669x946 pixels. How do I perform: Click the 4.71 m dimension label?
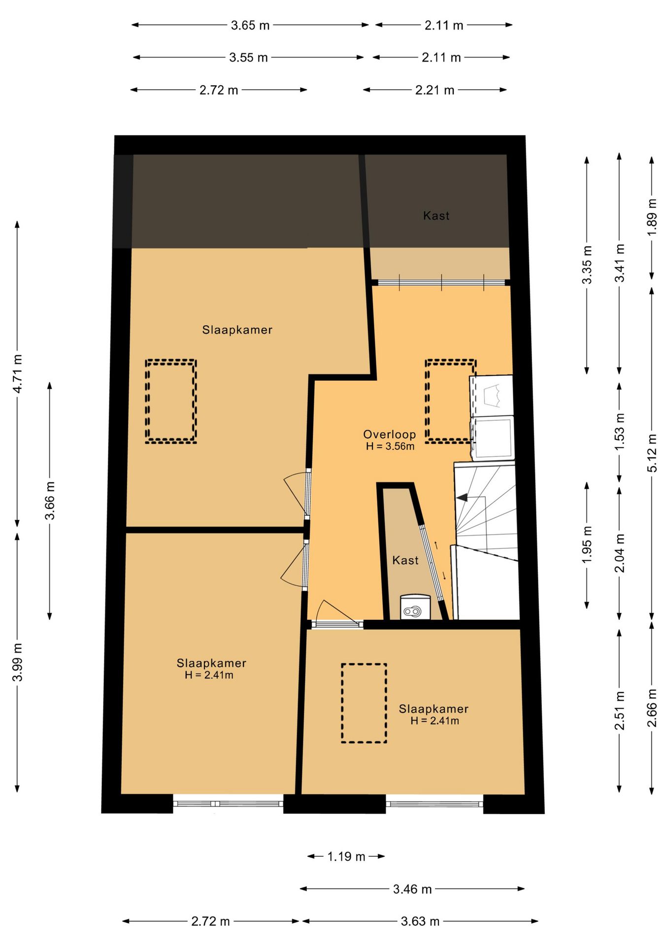tap(17, 373)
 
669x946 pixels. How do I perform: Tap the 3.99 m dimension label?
tap(17, 662)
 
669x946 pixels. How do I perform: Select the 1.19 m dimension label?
tap(346, 856)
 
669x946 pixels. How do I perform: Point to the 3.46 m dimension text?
tap(412, 889)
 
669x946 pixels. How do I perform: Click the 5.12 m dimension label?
tap(652, 452)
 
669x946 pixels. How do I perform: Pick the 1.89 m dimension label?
tap(652, 217)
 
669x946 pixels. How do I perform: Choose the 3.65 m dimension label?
tap(250, 25)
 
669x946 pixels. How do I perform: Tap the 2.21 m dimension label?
tap(435, 90)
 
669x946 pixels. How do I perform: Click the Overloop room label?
tap(390, 435)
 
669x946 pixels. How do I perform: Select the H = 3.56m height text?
tap(390, 446)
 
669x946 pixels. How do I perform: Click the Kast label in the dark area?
tap(436, 215)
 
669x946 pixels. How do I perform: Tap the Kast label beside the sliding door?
tap(405, 560)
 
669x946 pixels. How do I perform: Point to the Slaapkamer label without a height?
tap(237, 330)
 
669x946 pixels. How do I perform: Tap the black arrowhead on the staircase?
tap(462, 498)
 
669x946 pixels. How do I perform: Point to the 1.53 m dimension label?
tap(619, 431)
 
